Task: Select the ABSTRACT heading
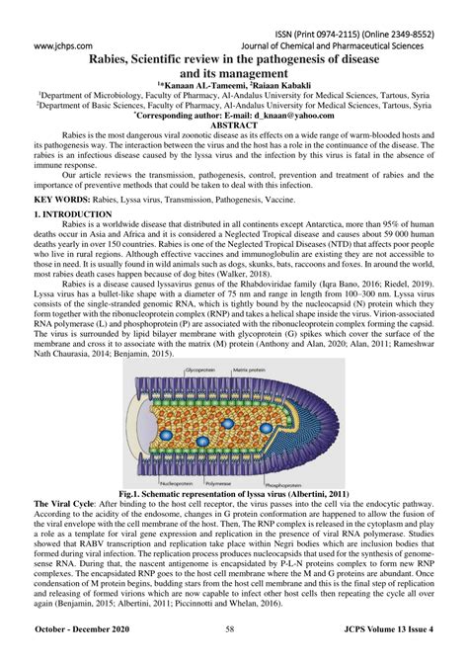(234, 126)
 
